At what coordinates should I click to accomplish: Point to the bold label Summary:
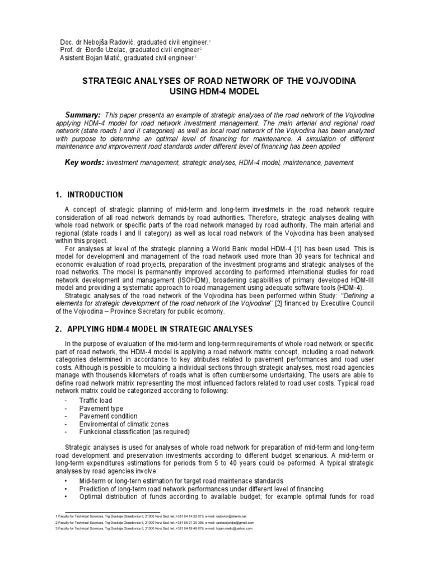pyautogui.click(x=83, y=114)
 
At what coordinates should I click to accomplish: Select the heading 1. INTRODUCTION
pyautogui.click(x=94, y=195)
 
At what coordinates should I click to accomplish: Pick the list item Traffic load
pyautogui.click(x=96, y=401)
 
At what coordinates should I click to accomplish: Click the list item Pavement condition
pyautogui.click(x=107, y=416)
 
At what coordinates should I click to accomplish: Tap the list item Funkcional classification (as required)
pyautogui.click(x=134, y=432)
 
